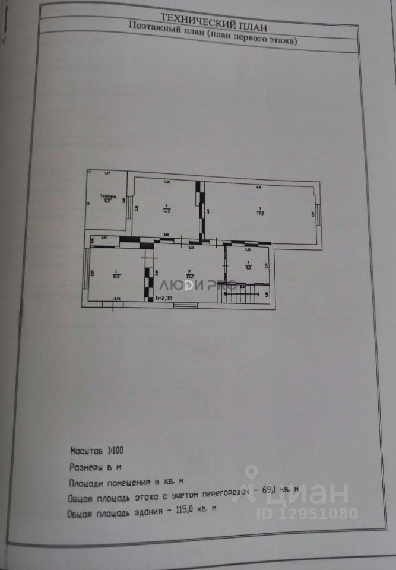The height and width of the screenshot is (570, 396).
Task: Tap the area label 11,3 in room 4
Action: point(167,210)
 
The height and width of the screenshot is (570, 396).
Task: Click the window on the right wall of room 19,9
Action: point(318,214)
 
